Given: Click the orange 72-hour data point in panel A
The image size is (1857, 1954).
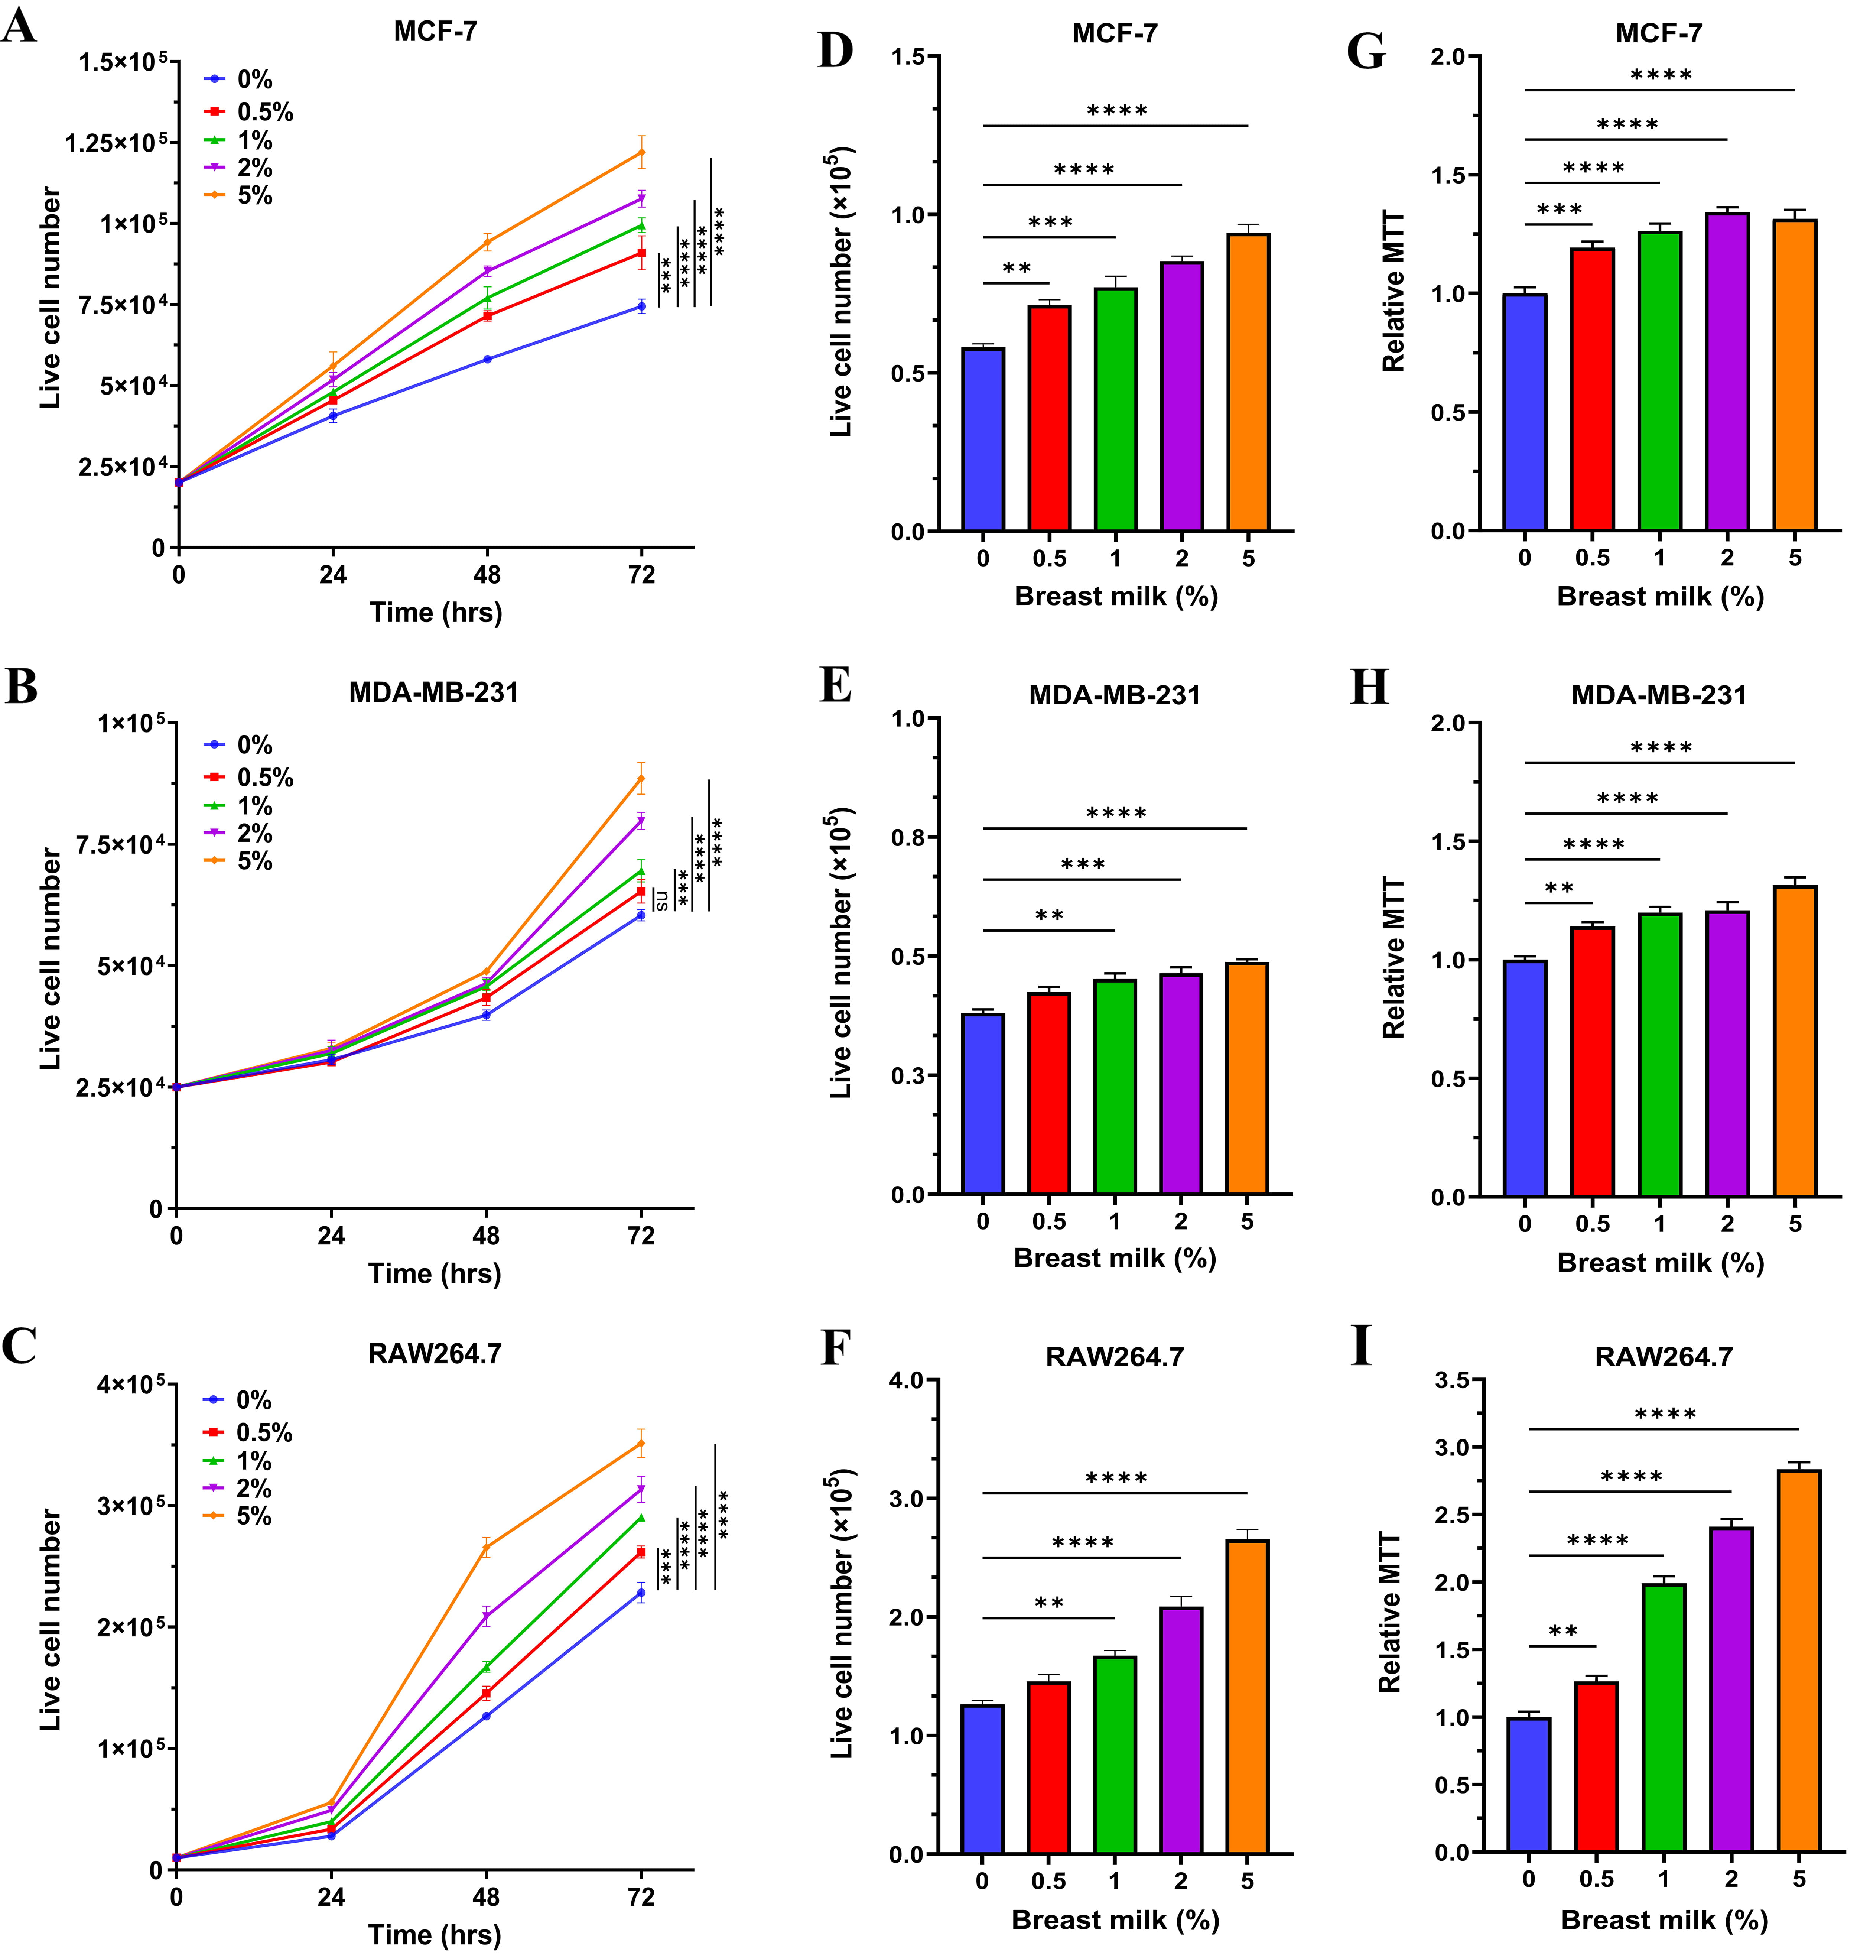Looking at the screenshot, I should pyautogui.click(x=641, y=152).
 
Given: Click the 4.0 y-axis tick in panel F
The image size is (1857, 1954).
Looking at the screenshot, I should pyautogui.click(x=906, y=1380).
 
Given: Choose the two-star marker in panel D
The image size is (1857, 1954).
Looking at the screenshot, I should pyautogui.click(x=1017, y=268).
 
